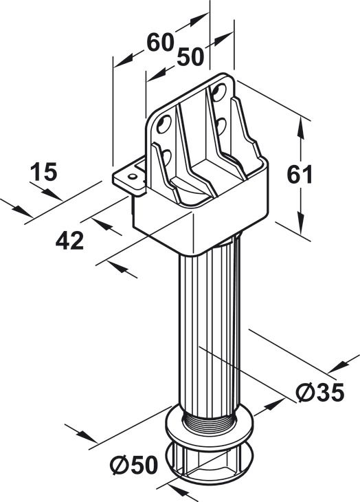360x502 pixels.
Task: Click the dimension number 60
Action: [160, 42]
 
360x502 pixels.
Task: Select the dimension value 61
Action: [300, 175]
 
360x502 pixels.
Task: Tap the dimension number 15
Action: [43, 172]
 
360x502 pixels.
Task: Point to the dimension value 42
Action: [69, 241]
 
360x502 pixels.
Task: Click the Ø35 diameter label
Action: [320, 392]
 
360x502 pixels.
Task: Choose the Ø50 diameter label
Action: [134, 465]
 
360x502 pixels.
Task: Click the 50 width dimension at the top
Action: [190, 56]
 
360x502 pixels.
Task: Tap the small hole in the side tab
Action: [131, 176]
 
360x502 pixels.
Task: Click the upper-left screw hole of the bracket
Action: [164, 124]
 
